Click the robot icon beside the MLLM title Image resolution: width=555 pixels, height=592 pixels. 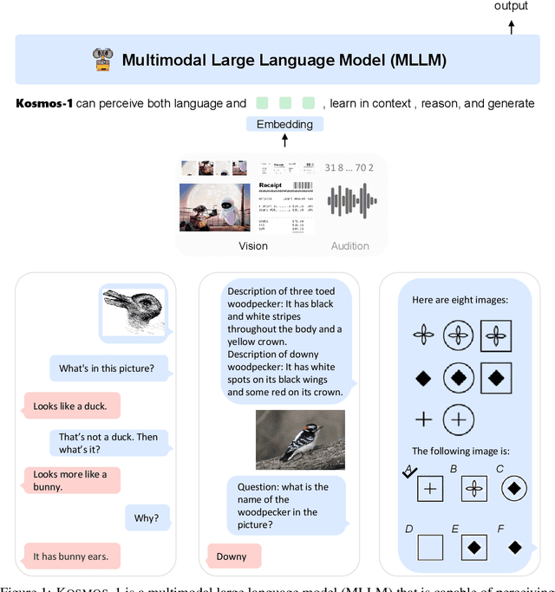(x=103, y=59)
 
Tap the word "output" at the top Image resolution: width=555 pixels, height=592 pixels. (x=511, y=6)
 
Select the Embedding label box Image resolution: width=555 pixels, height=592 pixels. (x=284, y=124)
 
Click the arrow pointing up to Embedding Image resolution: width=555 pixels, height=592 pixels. (x=284, y=140)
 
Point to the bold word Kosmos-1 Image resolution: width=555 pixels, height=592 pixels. (x=44, y=104)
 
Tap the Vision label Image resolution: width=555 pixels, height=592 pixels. (x=253, y=246)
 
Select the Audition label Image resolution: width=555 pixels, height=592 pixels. (x=349, y=246)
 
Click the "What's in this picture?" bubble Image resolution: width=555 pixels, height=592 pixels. (x=106, y=368)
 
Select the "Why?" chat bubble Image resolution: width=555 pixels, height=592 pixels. (x=147, y=518)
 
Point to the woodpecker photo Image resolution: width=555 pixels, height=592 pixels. (x=299, y=439)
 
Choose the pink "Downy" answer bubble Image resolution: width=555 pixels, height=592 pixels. (x=231, y=556)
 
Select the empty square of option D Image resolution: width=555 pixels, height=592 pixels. (x=429, y=547)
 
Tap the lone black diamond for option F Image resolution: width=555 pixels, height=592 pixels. (x=514, y=547)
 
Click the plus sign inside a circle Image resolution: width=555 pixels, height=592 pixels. (x=459, y=420)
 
